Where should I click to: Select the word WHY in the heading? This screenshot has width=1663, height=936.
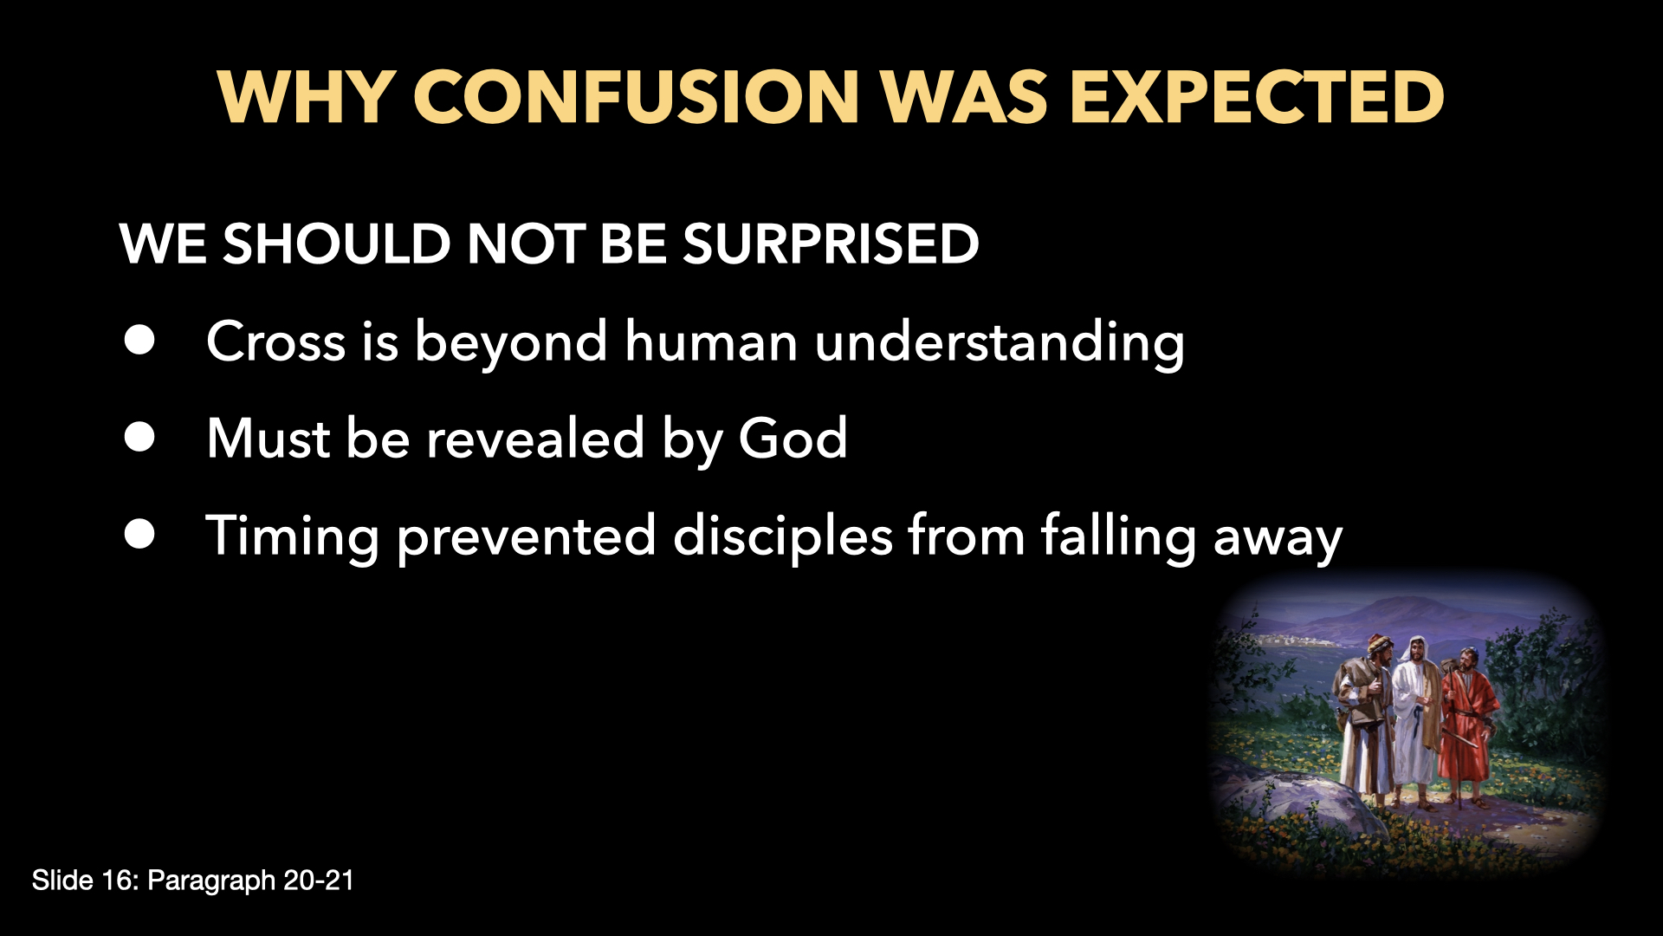tap(307, 97)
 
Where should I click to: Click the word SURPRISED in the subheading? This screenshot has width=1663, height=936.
tap(831, 244)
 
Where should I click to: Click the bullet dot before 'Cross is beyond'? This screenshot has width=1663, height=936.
tap(139, 341)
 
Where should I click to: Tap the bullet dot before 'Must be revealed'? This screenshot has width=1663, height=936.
tap(139, 438)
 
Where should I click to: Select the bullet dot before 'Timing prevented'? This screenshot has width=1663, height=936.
tap(139, 535)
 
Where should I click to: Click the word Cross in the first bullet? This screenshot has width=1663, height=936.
tap(275, 341)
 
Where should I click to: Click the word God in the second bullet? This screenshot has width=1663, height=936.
tap(792, 439)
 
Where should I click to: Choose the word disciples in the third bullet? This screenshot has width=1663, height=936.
tap(782, 536)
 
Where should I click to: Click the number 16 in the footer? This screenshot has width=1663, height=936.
tap(115, 881)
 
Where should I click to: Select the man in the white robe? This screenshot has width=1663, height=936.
tap(1415, 711)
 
